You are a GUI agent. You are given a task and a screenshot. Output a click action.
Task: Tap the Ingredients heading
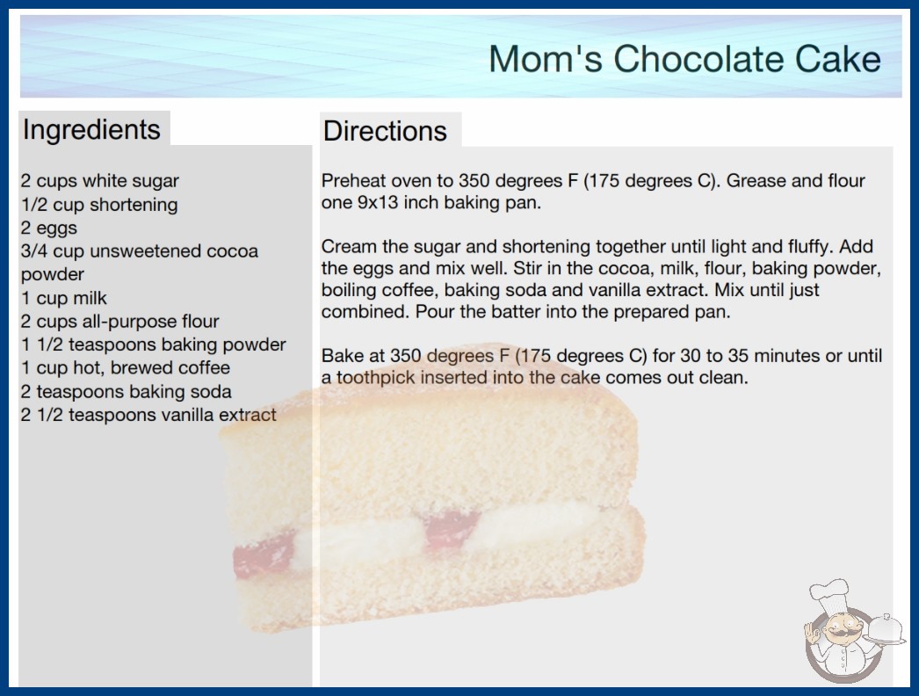point(91,130)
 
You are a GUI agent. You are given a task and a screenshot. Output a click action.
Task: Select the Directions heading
point(385,131)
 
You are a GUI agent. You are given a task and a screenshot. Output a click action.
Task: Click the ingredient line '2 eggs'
point(49,228)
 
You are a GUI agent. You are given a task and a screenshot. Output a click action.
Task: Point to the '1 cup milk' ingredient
point(64,298)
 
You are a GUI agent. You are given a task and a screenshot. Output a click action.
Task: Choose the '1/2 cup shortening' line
point(99,205)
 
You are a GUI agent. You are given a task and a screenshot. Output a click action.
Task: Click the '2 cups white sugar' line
point(99,181)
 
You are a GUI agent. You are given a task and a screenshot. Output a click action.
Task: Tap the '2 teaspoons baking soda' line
point(126,391)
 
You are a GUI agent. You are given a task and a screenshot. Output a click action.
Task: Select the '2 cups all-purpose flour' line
point(119,322)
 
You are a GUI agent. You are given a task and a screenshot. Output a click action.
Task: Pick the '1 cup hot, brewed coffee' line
point(126,367)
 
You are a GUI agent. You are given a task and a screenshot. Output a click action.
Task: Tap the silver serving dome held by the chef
point(886,628)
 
